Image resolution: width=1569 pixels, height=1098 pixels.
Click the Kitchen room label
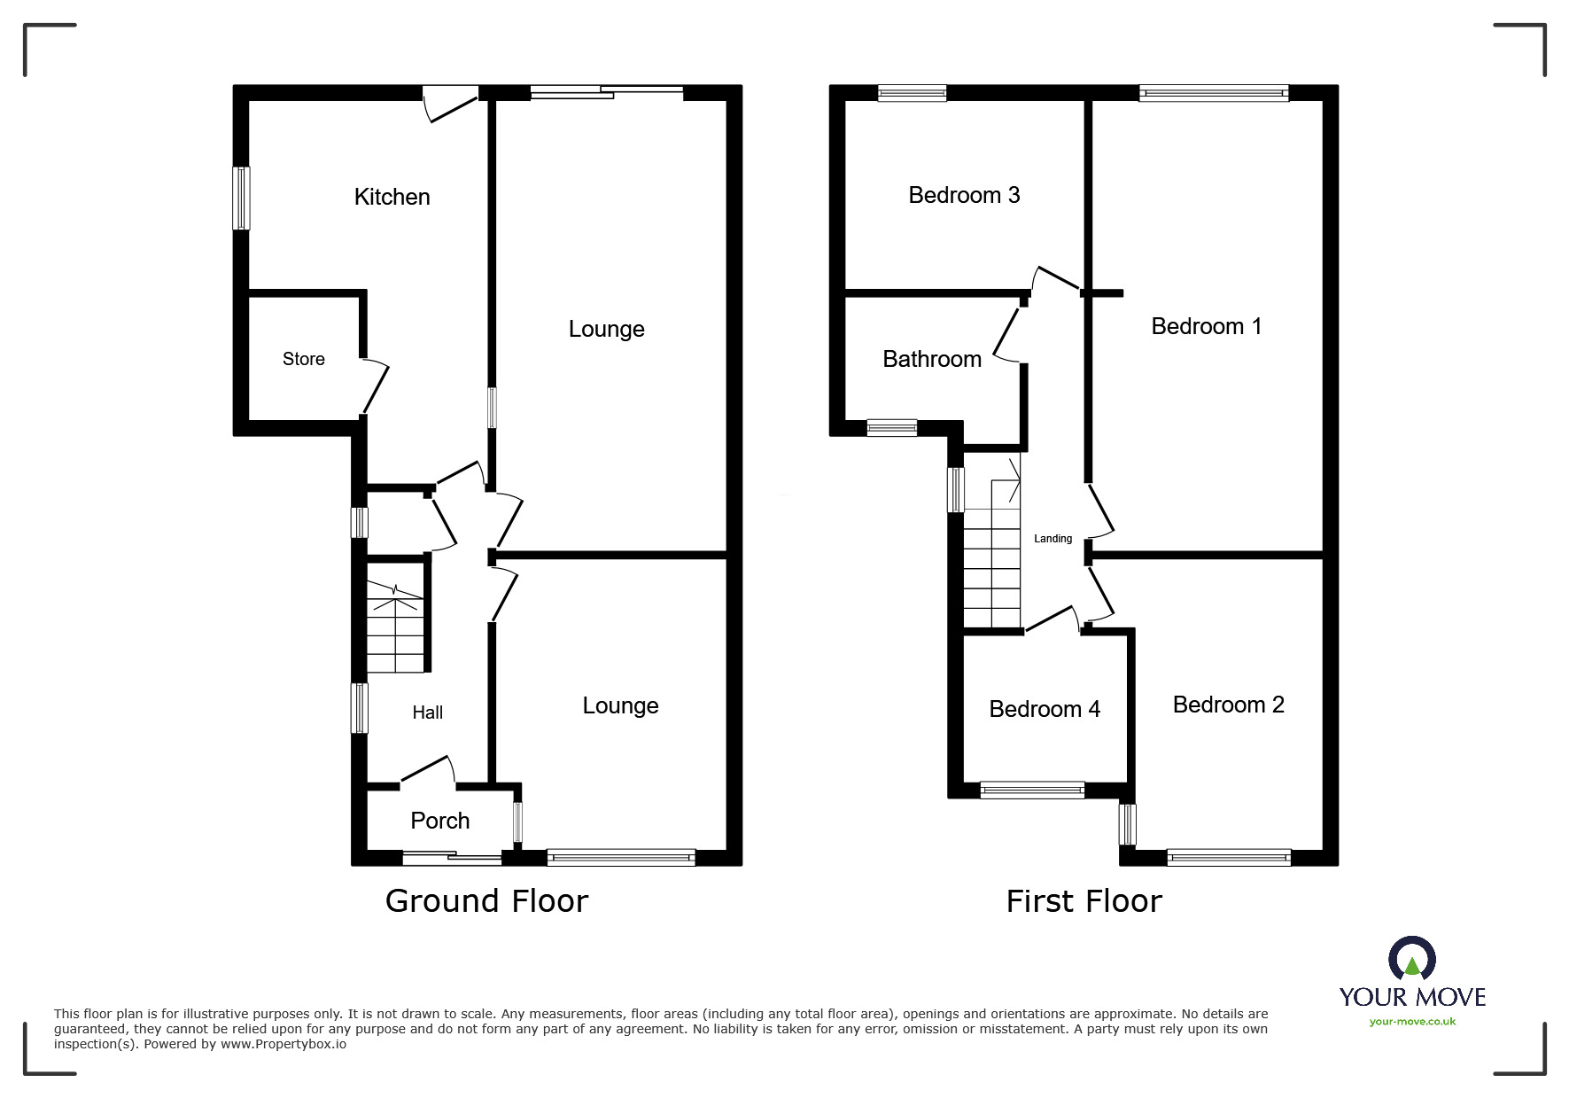tap(392, 197)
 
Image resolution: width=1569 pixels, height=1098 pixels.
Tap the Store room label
tap(303, 359)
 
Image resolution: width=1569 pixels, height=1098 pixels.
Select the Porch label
tap(439, 821)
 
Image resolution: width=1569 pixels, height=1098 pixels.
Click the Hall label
tap(427, 713)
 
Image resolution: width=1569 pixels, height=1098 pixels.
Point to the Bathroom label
tap(932, 359)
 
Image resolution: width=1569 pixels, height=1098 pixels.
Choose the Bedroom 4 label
tap(1045, 709)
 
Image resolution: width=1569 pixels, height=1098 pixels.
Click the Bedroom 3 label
tap(964, 195)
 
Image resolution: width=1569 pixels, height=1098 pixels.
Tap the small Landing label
tap(1052, 539)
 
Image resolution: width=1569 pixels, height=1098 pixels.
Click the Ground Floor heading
tap(486, 901)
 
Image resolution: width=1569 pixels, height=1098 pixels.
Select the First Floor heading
tap(1084, 901)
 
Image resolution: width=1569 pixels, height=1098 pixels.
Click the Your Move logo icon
tap(1411, 959)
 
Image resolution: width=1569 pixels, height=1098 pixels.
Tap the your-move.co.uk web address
tap(1412, 1022)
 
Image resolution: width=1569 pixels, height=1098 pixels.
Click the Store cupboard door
tap(376, 386)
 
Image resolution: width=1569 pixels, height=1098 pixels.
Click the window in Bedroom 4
tap(1032, 790)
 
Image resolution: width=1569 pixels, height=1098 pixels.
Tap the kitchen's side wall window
tap(241, 198)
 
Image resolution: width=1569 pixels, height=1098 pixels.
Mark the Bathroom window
tap(892, 428)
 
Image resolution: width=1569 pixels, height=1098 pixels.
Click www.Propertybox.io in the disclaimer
tap(284, 1044)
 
